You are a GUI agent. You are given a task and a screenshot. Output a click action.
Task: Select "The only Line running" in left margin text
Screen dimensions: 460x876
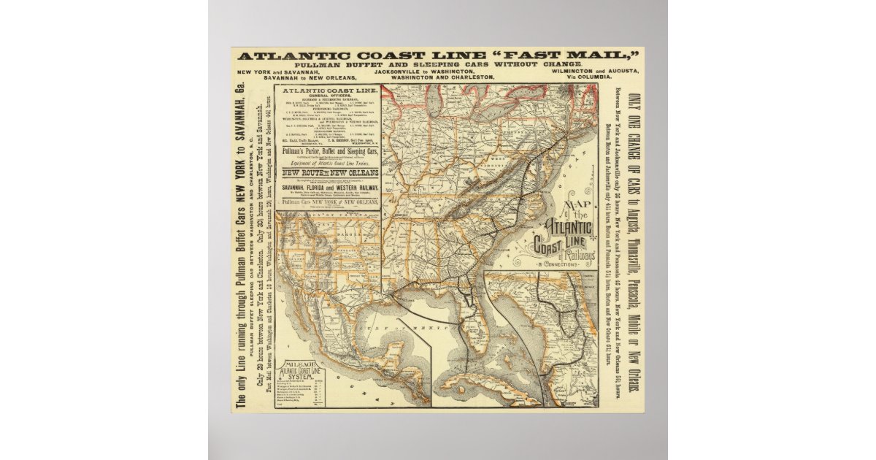[242, 365]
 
